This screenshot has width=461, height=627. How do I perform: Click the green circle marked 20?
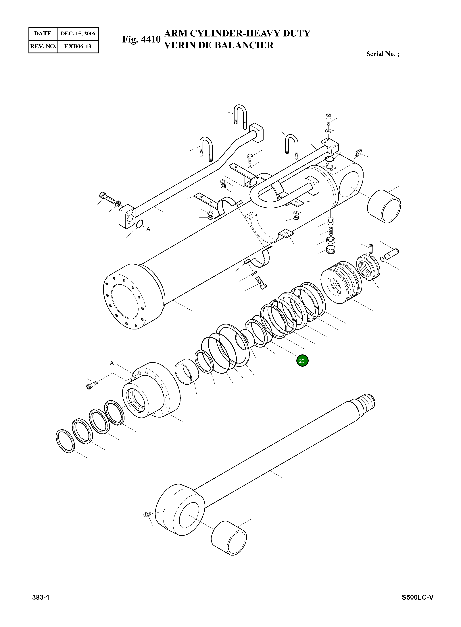pyautogui.click(x=302, y=361)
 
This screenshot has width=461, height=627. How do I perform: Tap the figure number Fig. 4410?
pyautogui.click(x=141, y=39)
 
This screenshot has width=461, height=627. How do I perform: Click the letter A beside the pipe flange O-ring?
pyautogui.click(x=148, y=229)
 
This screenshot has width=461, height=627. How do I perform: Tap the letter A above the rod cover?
pyautogui.click(x=112, y=363)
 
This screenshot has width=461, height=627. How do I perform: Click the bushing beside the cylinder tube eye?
pyautogui.click(x=384, y=207)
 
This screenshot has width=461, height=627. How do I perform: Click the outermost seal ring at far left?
pyautogui.click(x=65, y=441)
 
